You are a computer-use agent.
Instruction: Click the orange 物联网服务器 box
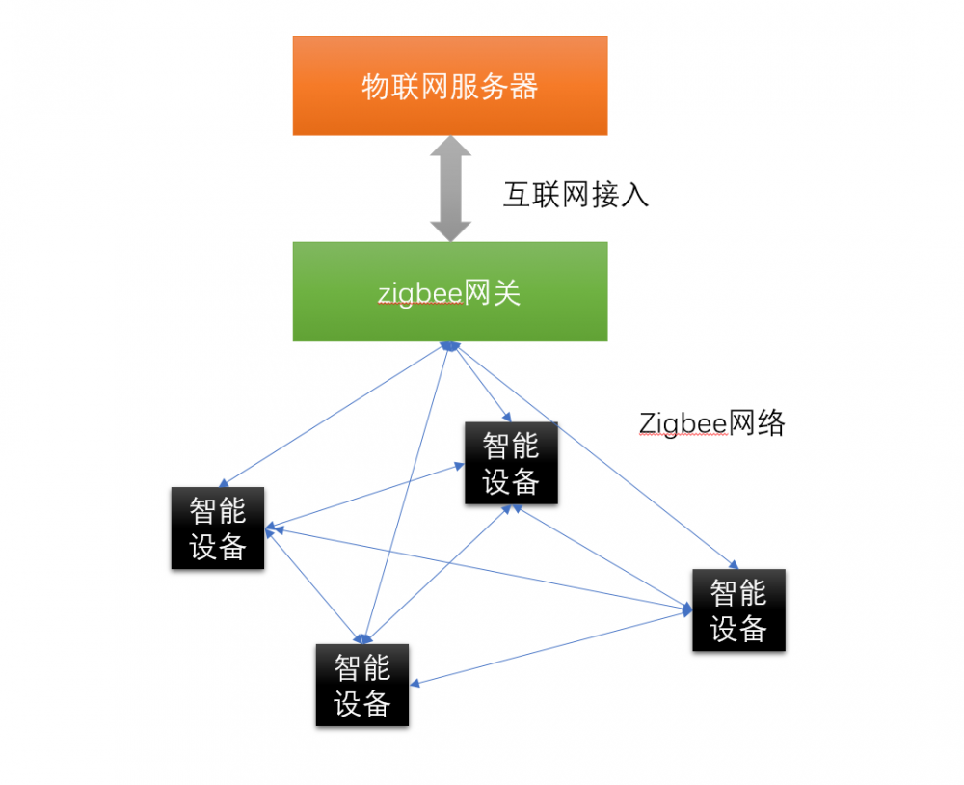(450, 86)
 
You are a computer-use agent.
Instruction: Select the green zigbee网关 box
(450, 291)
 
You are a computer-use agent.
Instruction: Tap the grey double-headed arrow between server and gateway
(450, 188)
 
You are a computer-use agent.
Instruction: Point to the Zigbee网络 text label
(712, 422)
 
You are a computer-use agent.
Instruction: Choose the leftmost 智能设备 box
(218, 528)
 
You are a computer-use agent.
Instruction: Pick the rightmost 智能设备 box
(738, 609)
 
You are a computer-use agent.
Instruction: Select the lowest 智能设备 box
(362, 685)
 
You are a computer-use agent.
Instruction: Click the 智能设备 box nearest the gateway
(511, 463)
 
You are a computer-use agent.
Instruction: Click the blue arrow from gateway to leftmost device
(333, 413)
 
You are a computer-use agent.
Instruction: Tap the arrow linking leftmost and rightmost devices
(482, 568)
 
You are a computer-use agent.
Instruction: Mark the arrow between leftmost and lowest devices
(313, 583)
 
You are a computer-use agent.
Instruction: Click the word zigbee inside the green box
(420, 292)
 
